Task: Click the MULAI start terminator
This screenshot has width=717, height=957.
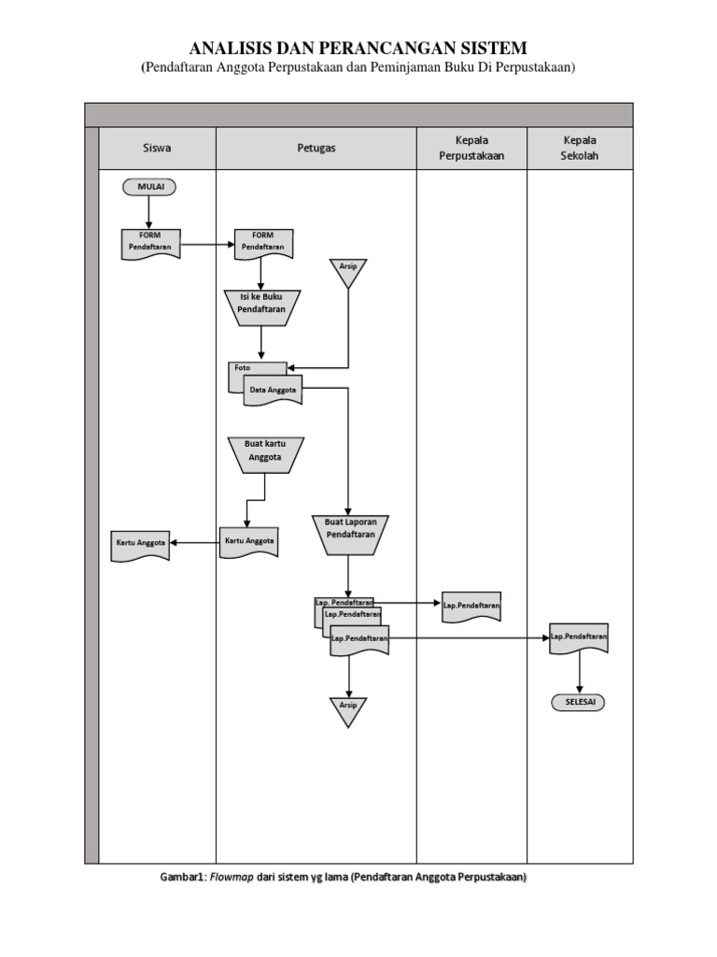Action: coord(148,187)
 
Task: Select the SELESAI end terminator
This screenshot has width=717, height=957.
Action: coord(579,702)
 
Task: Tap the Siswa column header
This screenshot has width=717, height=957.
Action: coord(157,148)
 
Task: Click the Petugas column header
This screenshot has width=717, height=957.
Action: coord(316,148)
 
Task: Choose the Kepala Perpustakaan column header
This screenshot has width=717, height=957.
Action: coord(471,148)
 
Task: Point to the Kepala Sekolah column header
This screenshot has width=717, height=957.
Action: coord(580,148)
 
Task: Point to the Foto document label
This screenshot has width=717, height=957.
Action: coord(244,368)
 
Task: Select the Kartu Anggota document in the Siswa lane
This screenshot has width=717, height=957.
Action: coord(141,544)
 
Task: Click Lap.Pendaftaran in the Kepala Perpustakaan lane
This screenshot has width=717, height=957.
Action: coord(471,607)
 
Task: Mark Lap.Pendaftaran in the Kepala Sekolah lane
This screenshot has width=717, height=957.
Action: coord(579,637)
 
